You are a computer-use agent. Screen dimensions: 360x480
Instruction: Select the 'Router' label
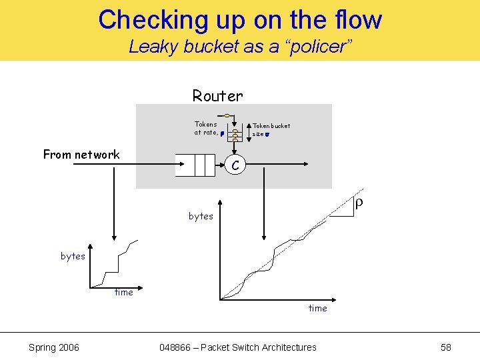pyautogui.click(x=217, y=96)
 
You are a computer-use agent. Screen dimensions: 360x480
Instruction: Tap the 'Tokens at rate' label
pyautogui.click(x=205, y=128)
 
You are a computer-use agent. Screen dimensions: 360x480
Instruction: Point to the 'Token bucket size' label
pyautogui.click(x=271, y=129)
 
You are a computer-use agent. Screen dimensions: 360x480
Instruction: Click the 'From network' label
pyautogui.click(x=81, y=155)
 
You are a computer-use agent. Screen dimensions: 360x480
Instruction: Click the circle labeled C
pyautogui.click(x=235, y=163)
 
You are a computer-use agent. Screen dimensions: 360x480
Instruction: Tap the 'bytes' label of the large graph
pyautogui.click(x=201, y=216)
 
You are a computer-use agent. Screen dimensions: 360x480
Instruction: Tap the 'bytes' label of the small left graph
pyautogui.click(x=73, y=256)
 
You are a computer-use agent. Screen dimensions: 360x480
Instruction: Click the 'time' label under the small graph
pyautogui.click(x=124, y=292)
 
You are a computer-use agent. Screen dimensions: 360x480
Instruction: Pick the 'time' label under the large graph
pyautogui.click(x=317, y=308)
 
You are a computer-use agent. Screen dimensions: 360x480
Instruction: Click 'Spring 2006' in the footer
pyautogui.click(x=54, y=347)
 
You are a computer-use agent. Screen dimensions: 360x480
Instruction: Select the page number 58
pyautogui.click(x=446, y=347)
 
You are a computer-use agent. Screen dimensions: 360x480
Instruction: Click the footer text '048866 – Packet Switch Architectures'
pyautogui.click(x=238, y=347)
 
